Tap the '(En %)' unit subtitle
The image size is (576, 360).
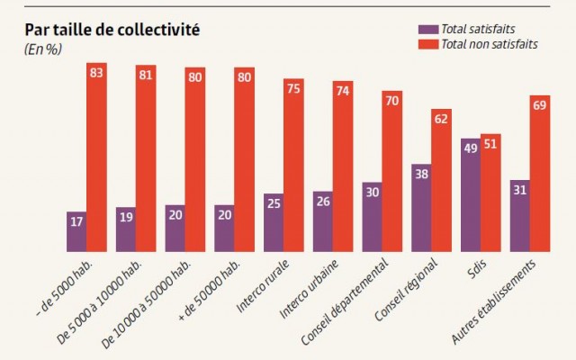point(42,49)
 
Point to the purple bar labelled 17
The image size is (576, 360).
point(76,232)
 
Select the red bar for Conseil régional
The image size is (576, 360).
point(441,180)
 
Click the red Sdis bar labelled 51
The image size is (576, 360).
point(490,193)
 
